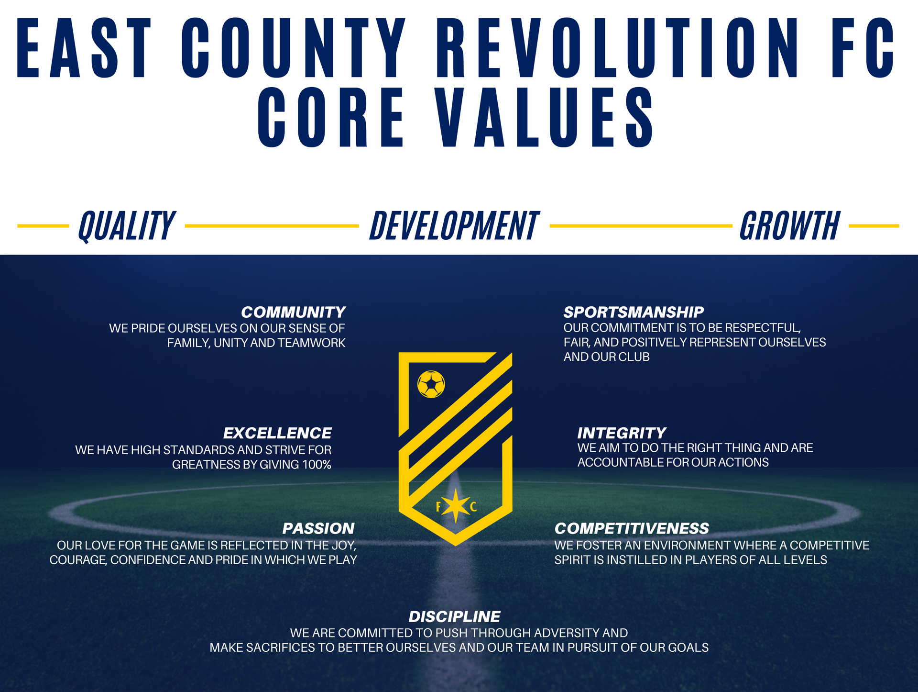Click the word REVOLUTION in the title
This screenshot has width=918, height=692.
pos(617,48)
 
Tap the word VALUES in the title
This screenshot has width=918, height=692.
pos(545,117)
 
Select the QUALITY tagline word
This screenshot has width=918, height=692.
pos(127,226)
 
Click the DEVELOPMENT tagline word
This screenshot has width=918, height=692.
pos(454,226)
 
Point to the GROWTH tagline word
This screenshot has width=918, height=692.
pos(790,226)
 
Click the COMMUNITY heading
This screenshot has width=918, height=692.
pos(293,313)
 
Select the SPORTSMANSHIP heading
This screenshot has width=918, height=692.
pos(634,313)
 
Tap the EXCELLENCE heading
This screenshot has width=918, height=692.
pos(277,434)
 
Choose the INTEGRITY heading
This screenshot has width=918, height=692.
pos(622,434)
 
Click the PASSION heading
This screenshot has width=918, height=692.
pos(318,529)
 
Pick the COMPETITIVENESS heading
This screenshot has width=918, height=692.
pos(632,529)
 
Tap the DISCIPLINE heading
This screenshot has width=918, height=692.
pos(455,617)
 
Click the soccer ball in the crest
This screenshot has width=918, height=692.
pos(431,384)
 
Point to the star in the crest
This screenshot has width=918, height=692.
pos(456,506)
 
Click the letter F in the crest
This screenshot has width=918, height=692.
pos(438,507)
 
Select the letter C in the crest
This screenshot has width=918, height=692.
pos(473,507)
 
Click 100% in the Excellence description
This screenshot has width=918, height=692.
pos(317,465)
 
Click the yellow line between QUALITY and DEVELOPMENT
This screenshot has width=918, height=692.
pos(272,226)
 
